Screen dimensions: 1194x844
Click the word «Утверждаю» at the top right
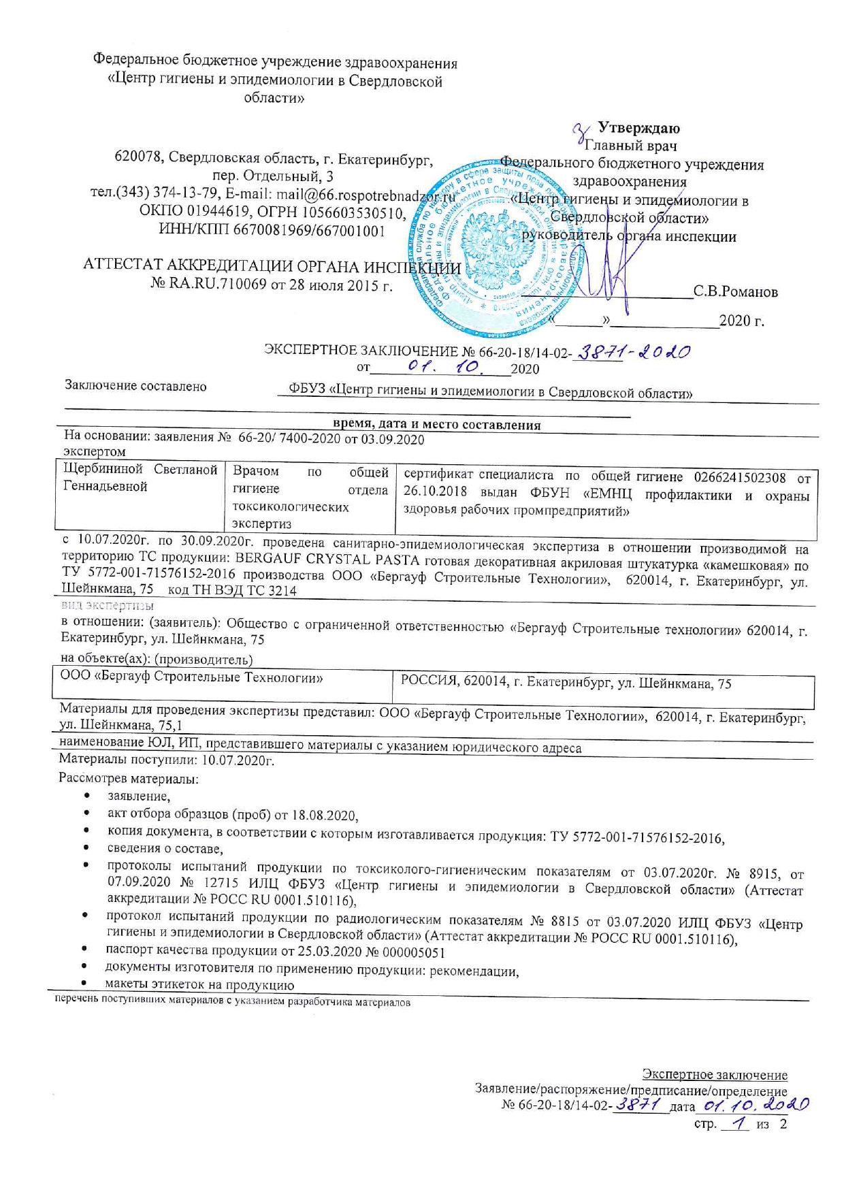pos(638,128)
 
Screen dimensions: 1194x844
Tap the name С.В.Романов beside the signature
pos(735,292)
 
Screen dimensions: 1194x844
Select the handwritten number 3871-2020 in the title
pos(632,352)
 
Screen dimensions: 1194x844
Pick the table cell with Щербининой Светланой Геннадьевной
pos(140,478)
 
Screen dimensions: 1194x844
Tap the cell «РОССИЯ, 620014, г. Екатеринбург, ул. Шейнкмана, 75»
pos(566,684)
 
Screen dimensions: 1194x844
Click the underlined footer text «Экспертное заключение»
pos(715,1075)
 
